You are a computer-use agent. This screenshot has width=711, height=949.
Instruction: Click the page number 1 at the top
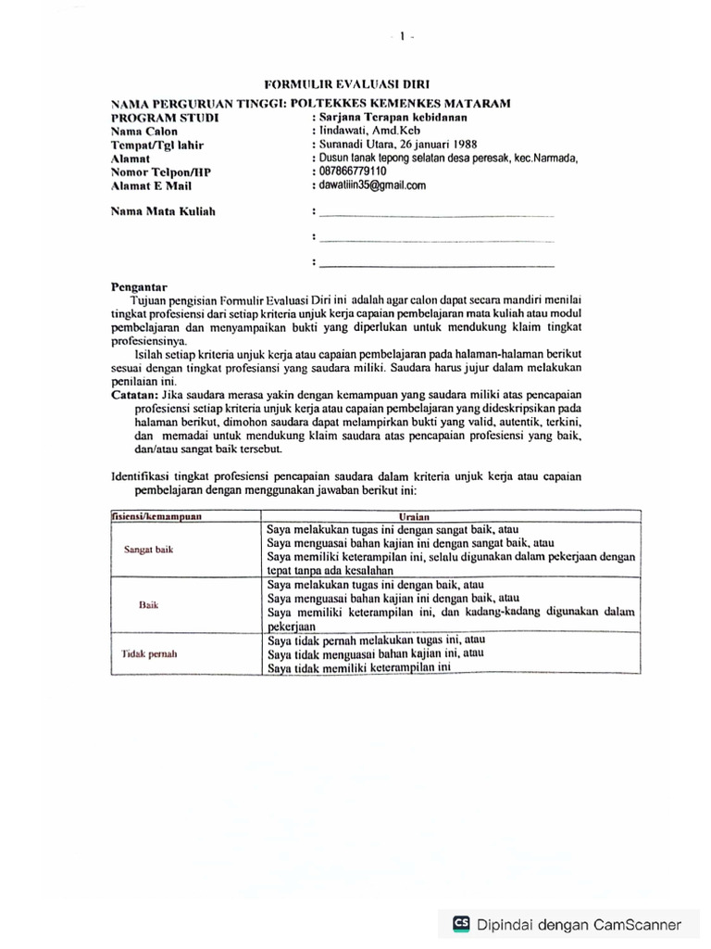point(402,37)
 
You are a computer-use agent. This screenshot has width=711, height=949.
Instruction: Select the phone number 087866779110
point(352,171)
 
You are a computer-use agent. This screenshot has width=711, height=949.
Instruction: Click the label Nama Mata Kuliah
point(163,212)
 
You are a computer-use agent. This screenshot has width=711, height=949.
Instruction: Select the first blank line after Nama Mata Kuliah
point(435,216)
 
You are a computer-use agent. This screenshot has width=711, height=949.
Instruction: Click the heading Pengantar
point(140,286)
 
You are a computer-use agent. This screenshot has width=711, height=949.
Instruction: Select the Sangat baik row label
point(149,550)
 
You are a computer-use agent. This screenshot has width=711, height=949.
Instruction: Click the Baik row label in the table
point(149,604)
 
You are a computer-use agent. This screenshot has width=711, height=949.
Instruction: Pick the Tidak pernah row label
point(150,653)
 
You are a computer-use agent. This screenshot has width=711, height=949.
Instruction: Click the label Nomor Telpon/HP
point(161,172)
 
